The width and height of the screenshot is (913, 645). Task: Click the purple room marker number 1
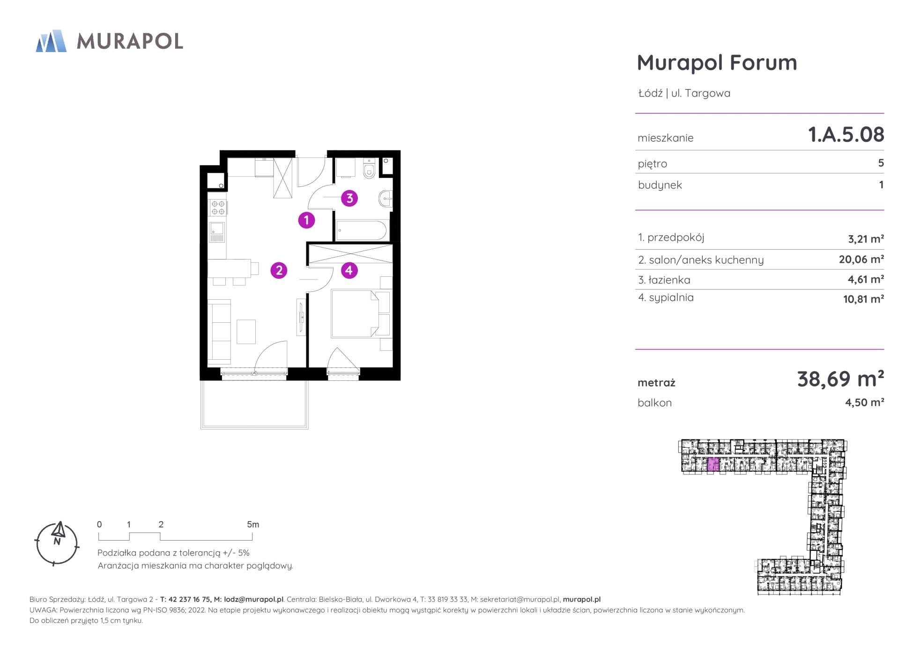tap(306, 220)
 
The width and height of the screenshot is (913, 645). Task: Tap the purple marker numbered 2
tap(279, 270)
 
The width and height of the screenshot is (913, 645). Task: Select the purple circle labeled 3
tap(349, 198)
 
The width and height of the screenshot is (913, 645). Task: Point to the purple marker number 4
tap(349, 270)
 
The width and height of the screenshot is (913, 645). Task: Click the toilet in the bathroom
tap(370, 169)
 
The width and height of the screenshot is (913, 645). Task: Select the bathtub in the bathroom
tap(361, 230)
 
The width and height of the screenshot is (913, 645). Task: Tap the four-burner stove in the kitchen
tap(217, 208)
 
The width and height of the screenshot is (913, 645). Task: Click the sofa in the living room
tap(219, 332)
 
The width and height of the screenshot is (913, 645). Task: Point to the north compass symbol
tap(57, 543)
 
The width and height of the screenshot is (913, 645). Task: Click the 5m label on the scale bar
tap(253, 525)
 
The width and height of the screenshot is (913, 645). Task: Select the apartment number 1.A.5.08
tap(846, 134)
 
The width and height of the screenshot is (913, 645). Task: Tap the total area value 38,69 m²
tap(840, 378)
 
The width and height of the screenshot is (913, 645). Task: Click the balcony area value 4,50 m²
tap(864, 402)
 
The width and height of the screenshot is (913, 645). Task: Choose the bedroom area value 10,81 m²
tap(863, 299)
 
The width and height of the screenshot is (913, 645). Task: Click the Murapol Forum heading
tap(717, 62)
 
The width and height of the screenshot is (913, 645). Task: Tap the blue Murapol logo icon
tap(51, 41)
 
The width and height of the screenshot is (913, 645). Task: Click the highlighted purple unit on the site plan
tap(713, 464)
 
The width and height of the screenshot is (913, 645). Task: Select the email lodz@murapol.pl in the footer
tap(253, 599)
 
